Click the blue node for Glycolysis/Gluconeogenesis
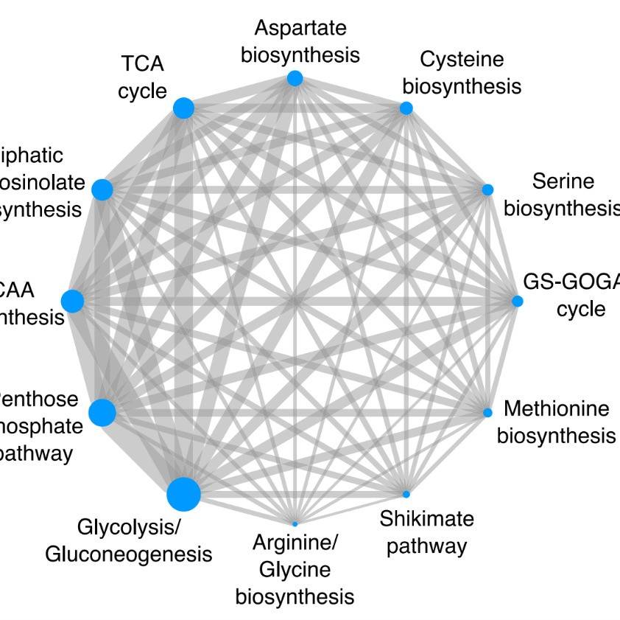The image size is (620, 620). click(x=183, y=494)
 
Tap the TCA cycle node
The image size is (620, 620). click(x=183, y=108)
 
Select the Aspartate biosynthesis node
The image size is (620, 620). click(x=295, y=78)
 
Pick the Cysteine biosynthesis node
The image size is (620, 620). click(x=406, y=108)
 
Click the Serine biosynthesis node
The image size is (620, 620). click(x=487, y=189)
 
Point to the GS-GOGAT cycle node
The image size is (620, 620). click(x=518, y=301)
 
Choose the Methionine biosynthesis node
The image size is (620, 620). click(x=487, y=412)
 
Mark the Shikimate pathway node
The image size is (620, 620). click(x=406, y=493)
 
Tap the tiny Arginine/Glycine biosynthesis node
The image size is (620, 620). click(x=295, y=523)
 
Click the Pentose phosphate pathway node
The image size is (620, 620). click(x=102, y=413)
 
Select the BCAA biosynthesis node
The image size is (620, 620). click(x=72, y=302)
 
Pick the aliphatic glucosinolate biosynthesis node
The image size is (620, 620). click(x=102, y=189)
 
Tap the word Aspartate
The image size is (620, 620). click(x=300, y=28)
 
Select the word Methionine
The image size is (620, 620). click(x=557, y=408)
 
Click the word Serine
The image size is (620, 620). click(x=563, y=181)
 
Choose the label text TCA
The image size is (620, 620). click(x=143, y=64)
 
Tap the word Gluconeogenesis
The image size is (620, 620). click(x=129, y=554)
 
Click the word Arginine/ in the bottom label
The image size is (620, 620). click(x=295, y=544)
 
